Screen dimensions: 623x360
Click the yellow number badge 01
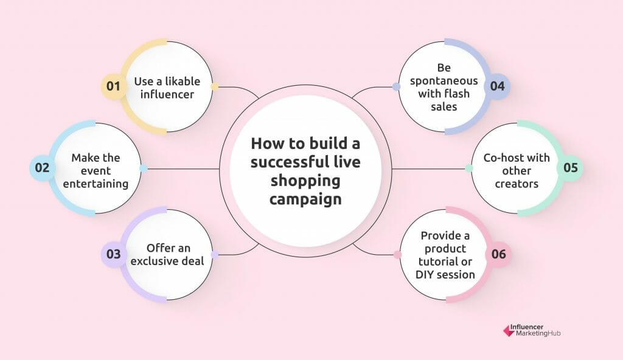coord(113,86)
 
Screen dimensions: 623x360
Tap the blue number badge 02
coord(42,168)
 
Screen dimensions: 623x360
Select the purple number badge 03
coord(113,254)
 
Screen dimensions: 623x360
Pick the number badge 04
coord(497,86)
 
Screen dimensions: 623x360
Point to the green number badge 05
coord(570,168)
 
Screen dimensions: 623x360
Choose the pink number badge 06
coord(498,254)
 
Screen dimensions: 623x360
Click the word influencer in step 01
coord(167,95)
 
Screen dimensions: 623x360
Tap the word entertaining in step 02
coord(96,184)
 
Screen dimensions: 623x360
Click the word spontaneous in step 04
coord(444,81)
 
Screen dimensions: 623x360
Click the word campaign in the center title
coord(305,199)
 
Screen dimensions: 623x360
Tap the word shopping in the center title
coord(305,181)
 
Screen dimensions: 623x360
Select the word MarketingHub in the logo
coord(538,334)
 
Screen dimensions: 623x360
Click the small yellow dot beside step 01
coord(215,86)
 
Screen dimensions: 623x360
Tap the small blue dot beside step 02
coord(144,168)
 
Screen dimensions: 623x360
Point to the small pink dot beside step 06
coord(397,255)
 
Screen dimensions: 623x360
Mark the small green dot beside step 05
coord(469,168)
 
